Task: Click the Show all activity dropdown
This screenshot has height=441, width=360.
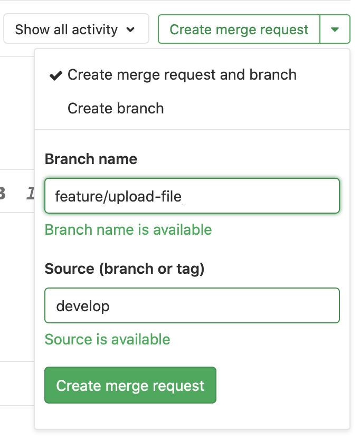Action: (x=75, y=29)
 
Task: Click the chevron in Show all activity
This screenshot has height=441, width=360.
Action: (x=130, y=30)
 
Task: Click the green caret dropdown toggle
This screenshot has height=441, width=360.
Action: (x=335, y=30)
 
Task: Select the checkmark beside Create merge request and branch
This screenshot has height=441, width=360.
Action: (x=55, y=75)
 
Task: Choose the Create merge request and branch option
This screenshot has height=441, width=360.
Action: (x=182, y=75)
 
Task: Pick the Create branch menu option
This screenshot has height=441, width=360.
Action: (x=116, y=109)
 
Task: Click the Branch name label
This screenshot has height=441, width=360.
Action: (x=91, y=159)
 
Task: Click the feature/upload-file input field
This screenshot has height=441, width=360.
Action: (x=192, y=197)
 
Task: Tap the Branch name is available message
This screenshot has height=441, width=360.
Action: (x=128, y=230)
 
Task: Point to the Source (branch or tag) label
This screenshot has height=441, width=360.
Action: (x=125, y=269)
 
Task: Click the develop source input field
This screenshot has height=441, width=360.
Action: (x=192, y=305)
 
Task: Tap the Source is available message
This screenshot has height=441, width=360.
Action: (x=107, y=339)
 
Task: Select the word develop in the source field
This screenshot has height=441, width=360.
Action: (x=83, y=306)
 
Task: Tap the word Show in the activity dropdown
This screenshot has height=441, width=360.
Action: (x=33, y=29)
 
